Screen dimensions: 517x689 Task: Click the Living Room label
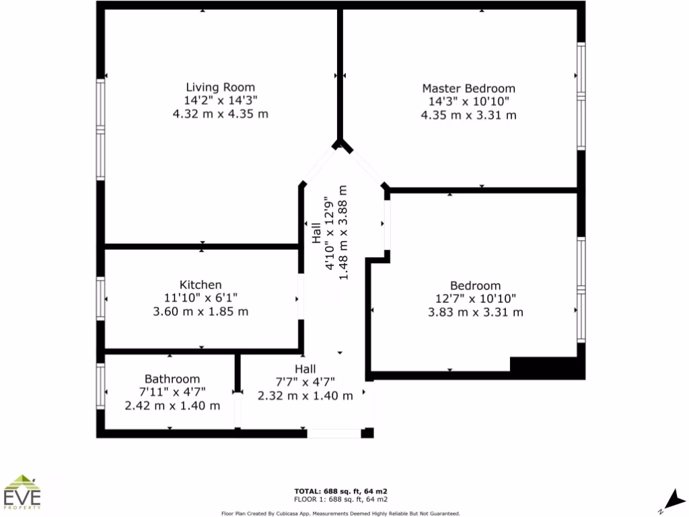tap(220, 87)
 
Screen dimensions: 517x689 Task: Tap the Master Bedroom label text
tap(468, 88)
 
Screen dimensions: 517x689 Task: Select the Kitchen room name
tap(201, 285)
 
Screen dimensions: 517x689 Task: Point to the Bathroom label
tap(172, 379)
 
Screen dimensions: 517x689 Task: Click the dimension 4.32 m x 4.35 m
tap(220, 114)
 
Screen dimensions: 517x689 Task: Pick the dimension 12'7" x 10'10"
tap(475, 299)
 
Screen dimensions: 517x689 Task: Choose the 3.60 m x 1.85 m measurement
tap(201, 312)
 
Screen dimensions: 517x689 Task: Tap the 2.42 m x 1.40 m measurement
tap(172, 406)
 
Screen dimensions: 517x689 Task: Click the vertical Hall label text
tap(316, 233)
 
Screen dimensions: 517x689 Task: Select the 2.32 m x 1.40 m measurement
tap(305, 396)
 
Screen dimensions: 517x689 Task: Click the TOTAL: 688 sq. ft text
tap(340, 491)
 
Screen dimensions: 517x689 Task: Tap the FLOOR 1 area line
tap(340, 499)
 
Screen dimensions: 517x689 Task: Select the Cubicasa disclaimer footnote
tap(340, 513)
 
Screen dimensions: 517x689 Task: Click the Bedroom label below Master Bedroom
tap(475, 285)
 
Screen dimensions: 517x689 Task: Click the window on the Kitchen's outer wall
tap(101, 299)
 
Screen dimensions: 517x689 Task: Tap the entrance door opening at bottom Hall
tap(334, 434)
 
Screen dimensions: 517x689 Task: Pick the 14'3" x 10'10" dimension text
tap(468, 102)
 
